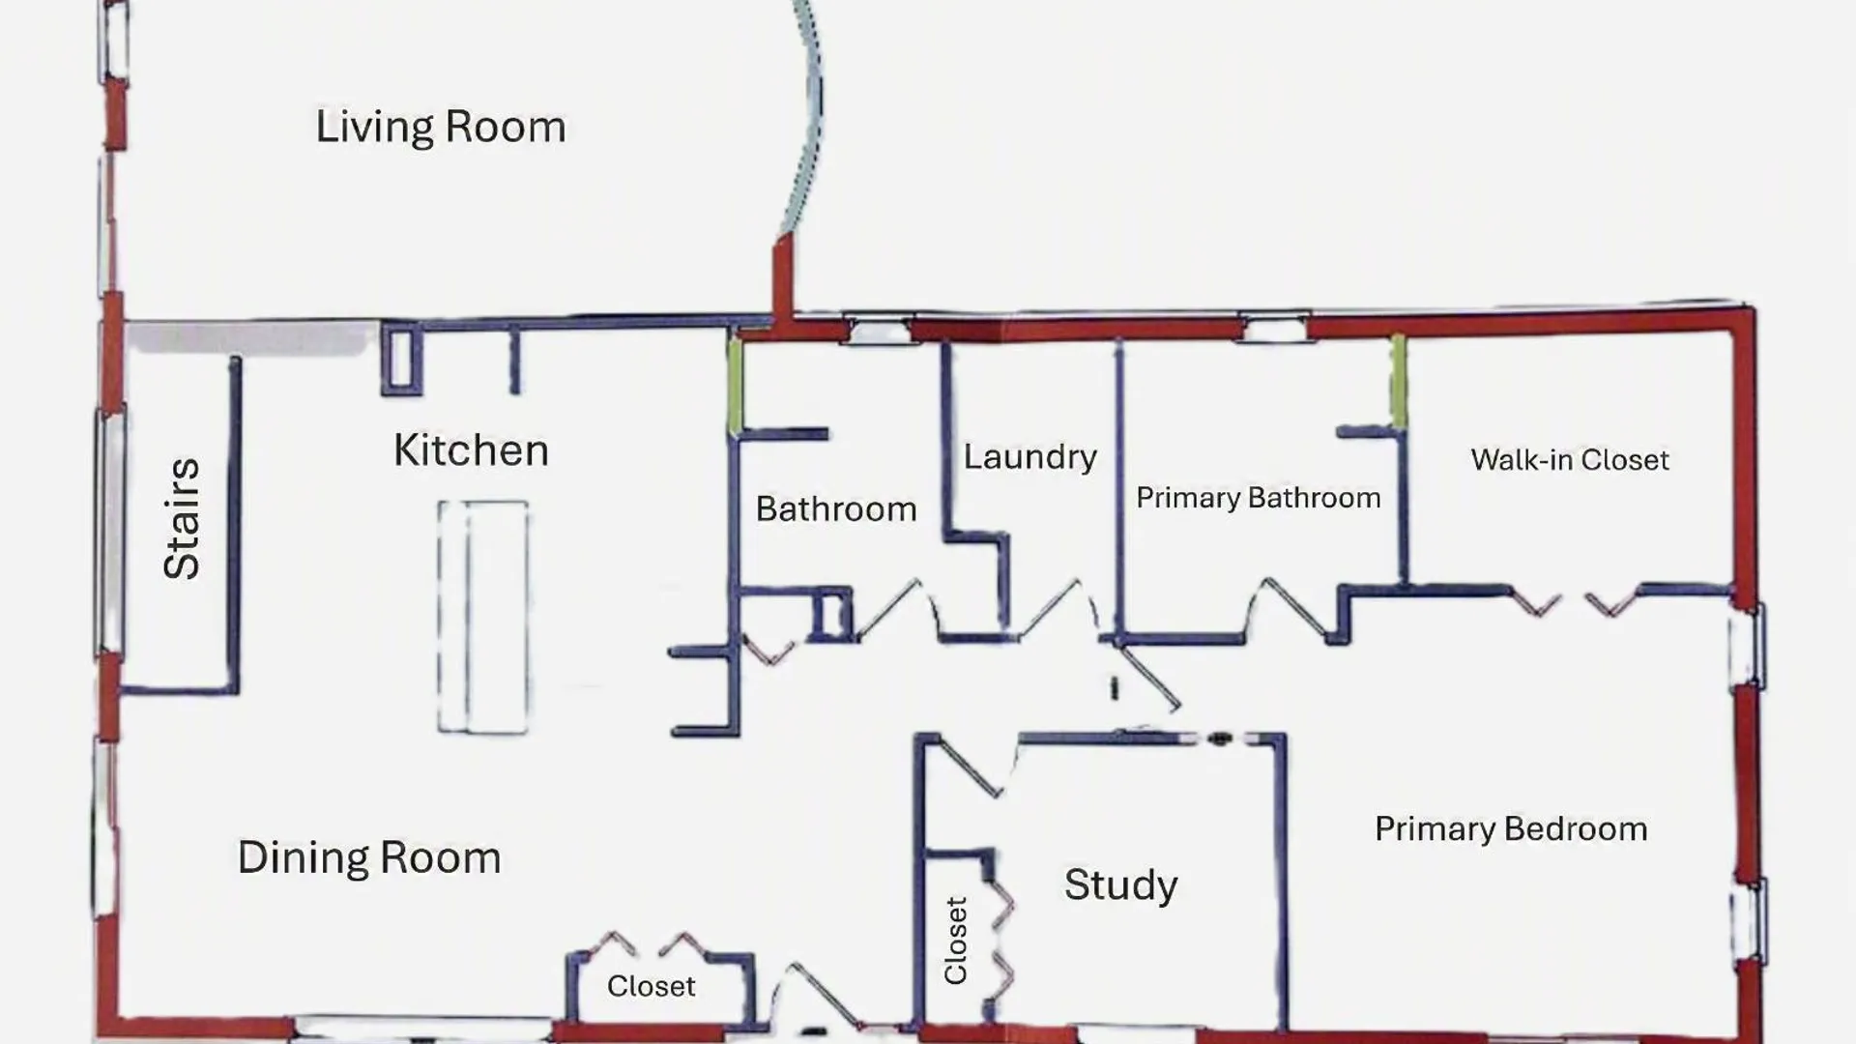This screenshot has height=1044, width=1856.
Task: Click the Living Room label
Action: (441, 128)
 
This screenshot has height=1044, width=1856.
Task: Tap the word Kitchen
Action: (472, 450)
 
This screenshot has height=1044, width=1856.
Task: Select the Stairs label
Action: (182, 519)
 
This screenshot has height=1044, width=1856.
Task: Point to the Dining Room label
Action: (369, 857)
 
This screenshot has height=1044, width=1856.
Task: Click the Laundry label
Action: (1030, 457)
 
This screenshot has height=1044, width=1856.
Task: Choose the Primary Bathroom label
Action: (1259, 498)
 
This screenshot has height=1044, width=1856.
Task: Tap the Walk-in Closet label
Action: (1570, 460)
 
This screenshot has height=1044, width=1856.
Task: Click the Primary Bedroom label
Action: (1511, 829)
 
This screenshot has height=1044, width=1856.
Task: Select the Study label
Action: (1121, 885)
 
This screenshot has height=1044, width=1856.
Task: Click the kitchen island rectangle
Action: (482, 617)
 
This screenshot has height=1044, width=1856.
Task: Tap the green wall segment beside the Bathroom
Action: (735, 384)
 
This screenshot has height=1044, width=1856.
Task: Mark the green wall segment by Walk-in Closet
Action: (1398, 380)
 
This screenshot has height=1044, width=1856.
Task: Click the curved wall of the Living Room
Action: (808, 116)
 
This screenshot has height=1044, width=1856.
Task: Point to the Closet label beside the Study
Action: (955, 941)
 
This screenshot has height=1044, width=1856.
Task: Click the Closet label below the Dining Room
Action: (652, 986)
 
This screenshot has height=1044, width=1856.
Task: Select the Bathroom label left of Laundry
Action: (836, 509)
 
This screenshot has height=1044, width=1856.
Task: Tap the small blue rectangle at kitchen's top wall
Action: (402, 360)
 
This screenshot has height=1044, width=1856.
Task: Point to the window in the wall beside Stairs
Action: (110, 534)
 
